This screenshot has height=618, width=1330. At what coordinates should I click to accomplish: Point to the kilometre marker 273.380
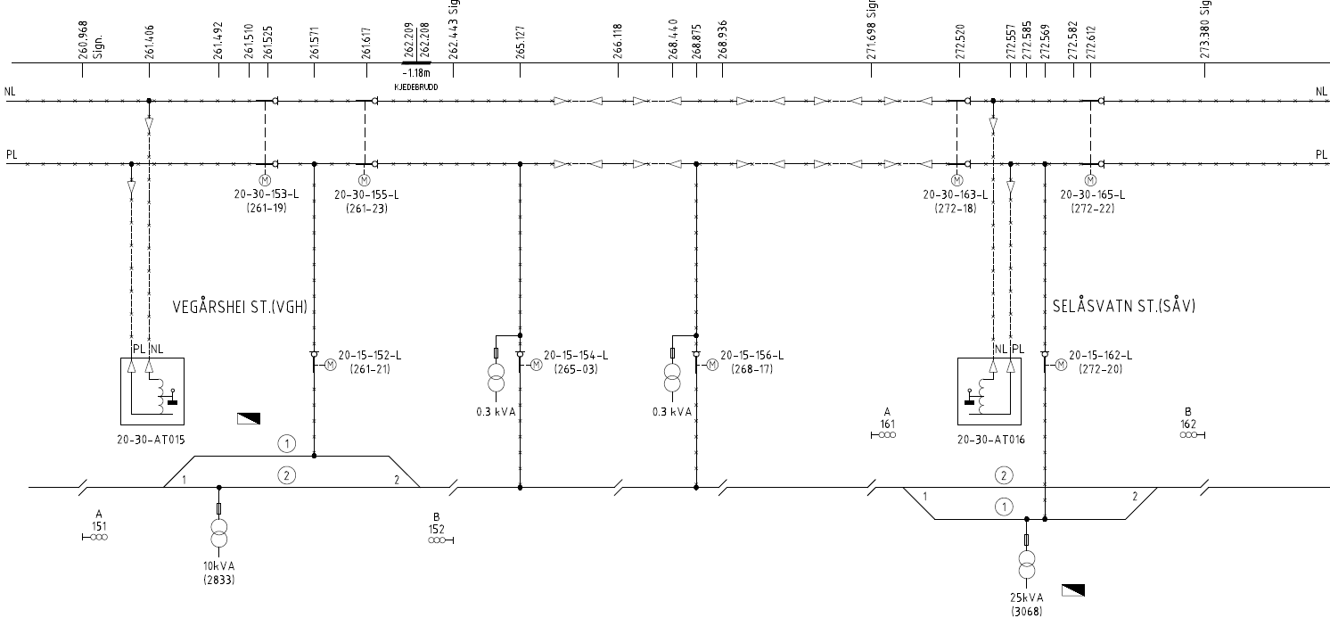(x=1204, y=41)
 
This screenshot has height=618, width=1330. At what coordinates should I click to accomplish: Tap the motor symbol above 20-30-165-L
(x=1089, y=181)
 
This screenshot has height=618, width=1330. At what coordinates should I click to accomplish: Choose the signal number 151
(x=99, y=525)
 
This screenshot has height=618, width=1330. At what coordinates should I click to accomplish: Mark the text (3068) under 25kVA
(x=1025, y=612)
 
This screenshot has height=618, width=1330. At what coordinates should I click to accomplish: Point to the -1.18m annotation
(x=416, y=74)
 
